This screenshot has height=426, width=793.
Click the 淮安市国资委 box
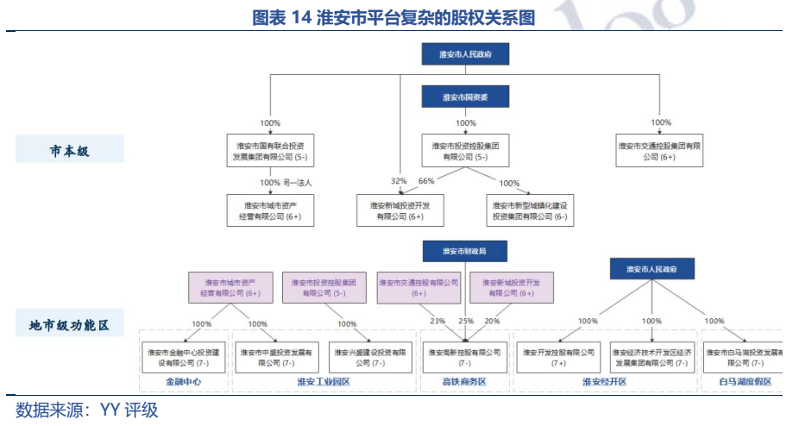pyautogui.click(x=465, y=97)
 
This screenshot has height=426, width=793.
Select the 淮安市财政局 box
pyautogui.click(x=465, y=251)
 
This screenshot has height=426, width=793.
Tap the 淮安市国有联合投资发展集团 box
pyautogui.click(x=270, y=152)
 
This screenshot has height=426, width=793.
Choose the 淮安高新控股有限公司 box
pyautogui.click(x=465, y=358)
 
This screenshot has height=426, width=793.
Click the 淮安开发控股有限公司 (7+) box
pyautogui.click(x=558, y=358)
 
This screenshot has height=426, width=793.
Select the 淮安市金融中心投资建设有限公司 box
pyautogui.click(x=183, y=358)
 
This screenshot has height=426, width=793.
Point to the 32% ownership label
pyautogui.click(x=398, y=182)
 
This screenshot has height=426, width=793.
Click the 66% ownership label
pyautogui.click(x=426, y=182)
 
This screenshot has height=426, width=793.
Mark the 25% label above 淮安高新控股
pyautogui.click(x=466, y=321)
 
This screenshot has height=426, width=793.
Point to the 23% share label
pyautogui.click(x=437, y=321)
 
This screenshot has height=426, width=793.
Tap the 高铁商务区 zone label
pyautogui.click(x=465, y=381)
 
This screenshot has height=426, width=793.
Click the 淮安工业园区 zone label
pyautogui.click(x=323, y=381)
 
